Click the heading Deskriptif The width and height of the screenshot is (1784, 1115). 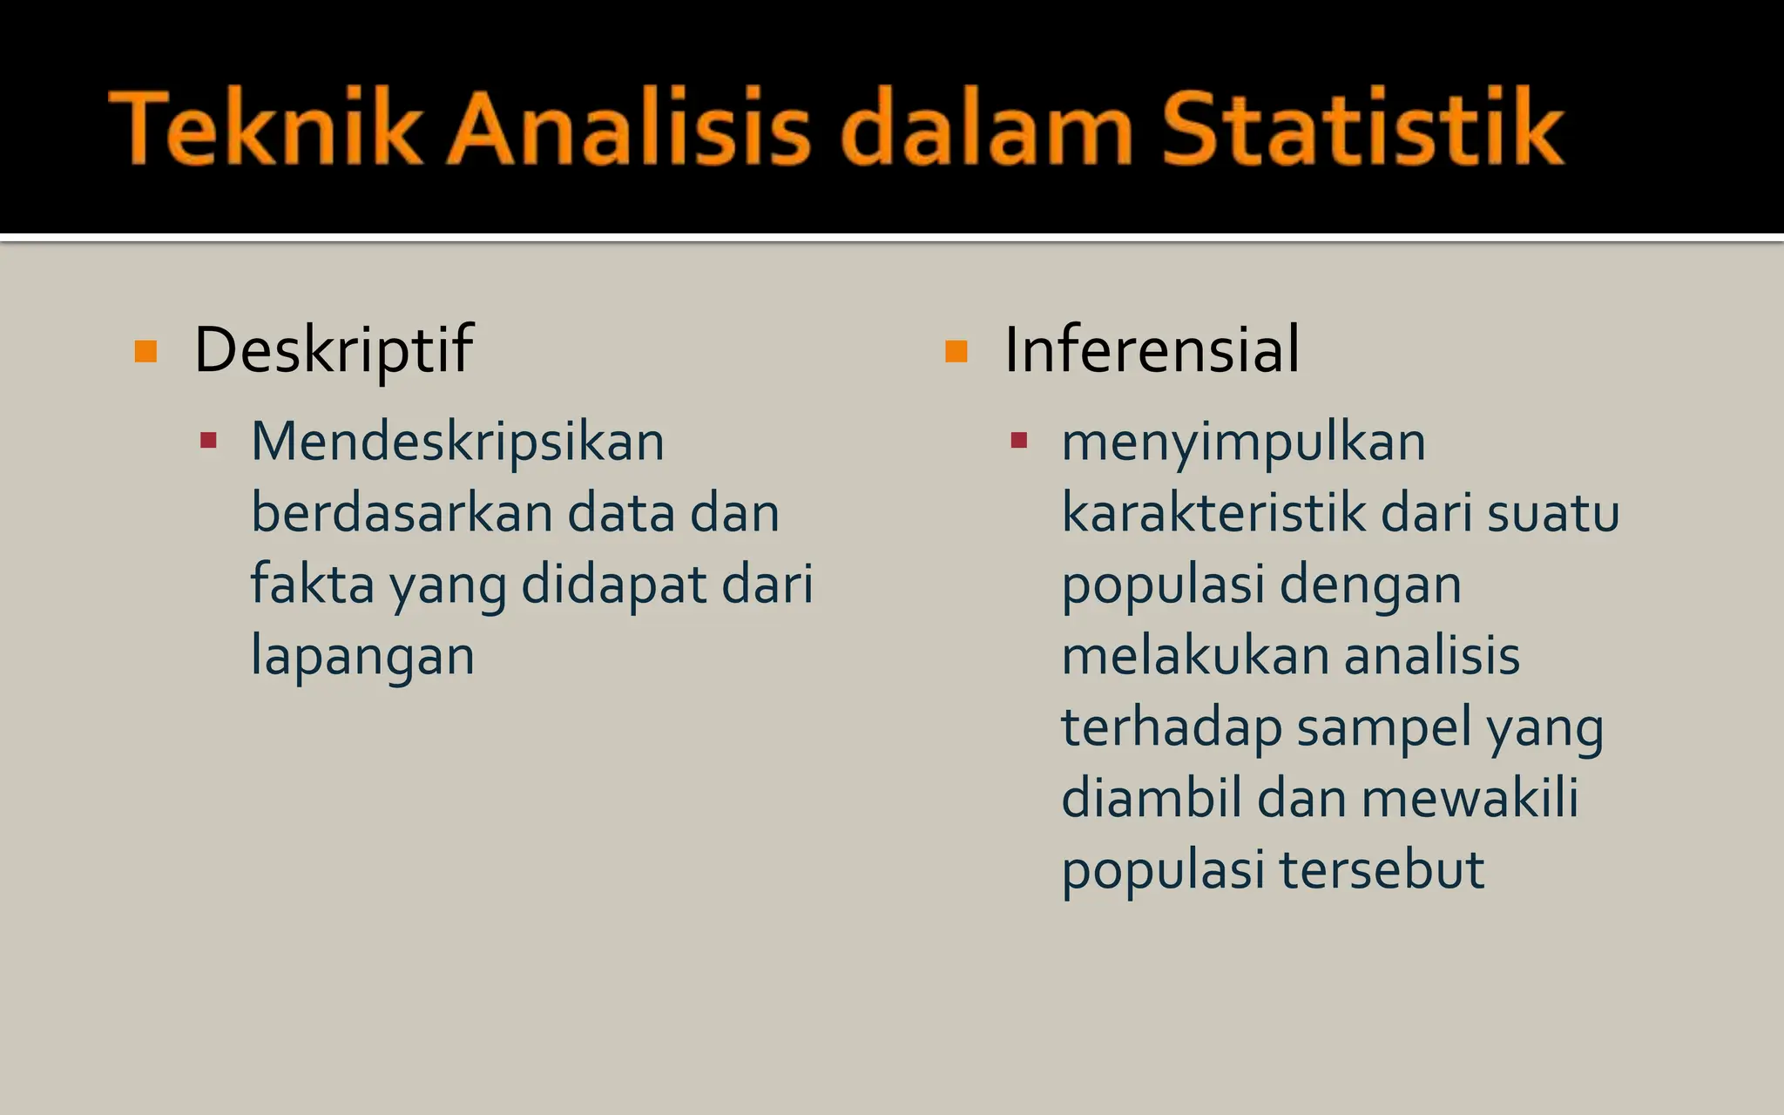click(333, 350)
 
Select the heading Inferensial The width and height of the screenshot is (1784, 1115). click(1152, 350)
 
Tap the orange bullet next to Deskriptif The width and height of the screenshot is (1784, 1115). click(146, 351)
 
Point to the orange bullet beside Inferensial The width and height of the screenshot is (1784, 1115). click(956, 351)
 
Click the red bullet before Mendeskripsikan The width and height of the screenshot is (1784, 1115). click(208, 440)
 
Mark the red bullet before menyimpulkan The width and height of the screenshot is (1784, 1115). click(1019, 440)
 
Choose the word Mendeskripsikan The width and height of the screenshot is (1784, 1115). click(457, 442)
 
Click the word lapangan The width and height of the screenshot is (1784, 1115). click(362, 657)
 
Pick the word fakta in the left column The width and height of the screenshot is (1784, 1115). click(312, 584)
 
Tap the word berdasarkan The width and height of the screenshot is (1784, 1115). click(402, 513)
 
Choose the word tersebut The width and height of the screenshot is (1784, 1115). click(1382, 870)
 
